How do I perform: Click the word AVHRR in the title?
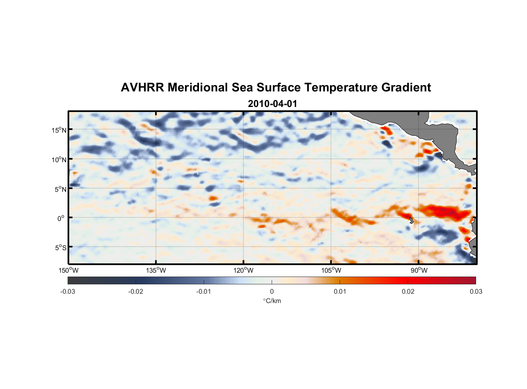pyautogui.click(x=142, y=88)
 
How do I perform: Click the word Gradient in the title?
pyautogui.click(x=406, y=88)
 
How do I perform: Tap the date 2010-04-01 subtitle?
pyautogui.click(x=272, y=104)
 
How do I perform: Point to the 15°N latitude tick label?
pyautogui.click(x=59, y=130)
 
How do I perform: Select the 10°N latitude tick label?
pyautogui.click(x=59, y=159)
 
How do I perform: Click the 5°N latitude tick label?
pyautogui.click(x=60, y=189)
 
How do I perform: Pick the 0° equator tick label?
pyautogui.click(x=61, y=218)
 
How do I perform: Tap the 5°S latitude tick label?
pyautogui.click(x=60, y=248)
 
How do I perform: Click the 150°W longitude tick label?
pyautogui.click(x=68, y=270)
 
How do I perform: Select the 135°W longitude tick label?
pyautogui.click(x=156, y=270)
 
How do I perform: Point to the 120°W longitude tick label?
pyautogui.click(x=243, y=270)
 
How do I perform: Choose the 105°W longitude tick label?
pyautogui.click(x=331, y=270)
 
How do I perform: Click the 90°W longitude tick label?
pyautogui.click(x=419, y=270)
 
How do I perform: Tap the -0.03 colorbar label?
pyautogui.click(x=68, y=291)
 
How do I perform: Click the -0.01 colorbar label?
pyautogui.click(x=204, y=291)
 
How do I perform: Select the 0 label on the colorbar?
pyautogui.click(x=272, y=291)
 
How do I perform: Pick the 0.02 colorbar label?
pyautogui.click(x=408, y=291)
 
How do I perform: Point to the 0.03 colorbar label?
pyautogui.click(x=476, y=291)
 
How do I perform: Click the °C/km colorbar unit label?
pyautogui.click(x=272, y=301)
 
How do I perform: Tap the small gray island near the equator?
pyautogui.click(x=411, y=221)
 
